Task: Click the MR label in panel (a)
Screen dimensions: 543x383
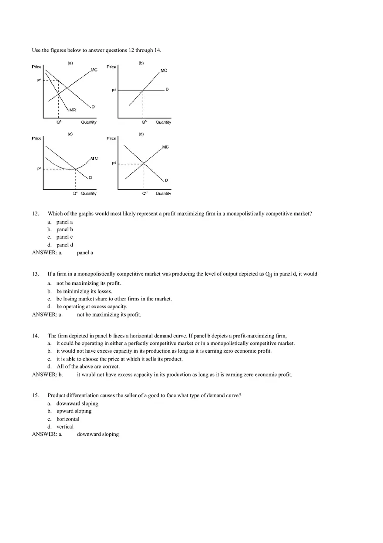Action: click(73, 110)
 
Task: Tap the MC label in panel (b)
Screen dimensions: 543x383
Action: click(164, 71)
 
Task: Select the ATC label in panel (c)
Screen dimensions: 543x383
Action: click(94, 159)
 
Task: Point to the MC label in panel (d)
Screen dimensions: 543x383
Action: click(165, 147)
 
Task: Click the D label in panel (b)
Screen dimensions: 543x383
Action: click(167, 90)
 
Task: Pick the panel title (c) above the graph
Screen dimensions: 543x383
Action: click(70, 134)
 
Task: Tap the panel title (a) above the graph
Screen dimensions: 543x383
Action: click(70, 63)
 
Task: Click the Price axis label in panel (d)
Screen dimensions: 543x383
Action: click(111, 138)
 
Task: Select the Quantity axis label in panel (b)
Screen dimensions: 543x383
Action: click(163, 122)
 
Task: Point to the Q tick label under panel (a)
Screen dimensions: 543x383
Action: click(59, 122)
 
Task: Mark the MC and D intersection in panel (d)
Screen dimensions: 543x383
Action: click(144, 164)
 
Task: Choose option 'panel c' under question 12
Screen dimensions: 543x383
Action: click(64, 237)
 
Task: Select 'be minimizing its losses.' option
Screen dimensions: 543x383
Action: click(84, 291)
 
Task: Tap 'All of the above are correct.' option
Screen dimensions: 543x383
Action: click(88, 367)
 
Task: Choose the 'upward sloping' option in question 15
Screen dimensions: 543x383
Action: click(74, 411)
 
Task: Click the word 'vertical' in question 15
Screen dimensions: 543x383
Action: click(65, 427)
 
